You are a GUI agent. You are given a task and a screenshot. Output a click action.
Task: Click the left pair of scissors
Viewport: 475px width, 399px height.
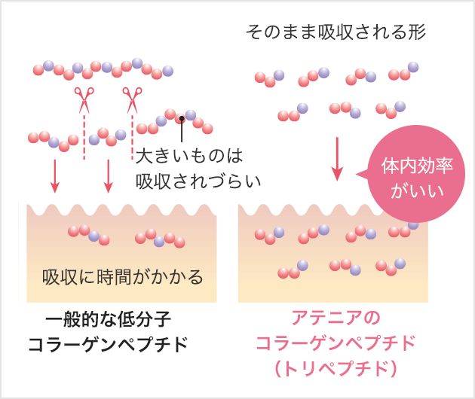point(84,100)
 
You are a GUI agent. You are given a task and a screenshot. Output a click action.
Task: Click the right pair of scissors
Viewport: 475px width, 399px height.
point(132,100)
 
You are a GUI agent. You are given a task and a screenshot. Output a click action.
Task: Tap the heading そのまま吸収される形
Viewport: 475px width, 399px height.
point(336,32)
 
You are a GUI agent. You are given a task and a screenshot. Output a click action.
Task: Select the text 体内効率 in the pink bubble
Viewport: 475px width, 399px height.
point(417,166)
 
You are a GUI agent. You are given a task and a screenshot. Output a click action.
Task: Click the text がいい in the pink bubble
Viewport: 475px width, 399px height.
point(417,190)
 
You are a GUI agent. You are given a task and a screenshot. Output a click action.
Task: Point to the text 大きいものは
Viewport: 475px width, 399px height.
point(189,156)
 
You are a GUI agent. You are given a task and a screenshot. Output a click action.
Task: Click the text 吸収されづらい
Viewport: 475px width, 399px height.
point(198,181)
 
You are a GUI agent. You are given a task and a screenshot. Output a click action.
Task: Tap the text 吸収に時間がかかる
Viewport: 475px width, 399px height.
point(122,277)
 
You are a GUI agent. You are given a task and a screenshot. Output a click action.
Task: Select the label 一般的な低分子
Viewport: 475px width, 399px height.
point(108,319)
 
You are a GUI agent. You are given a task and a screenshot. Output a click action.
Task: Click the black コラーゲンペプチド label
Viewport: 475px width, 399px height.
point(108,344)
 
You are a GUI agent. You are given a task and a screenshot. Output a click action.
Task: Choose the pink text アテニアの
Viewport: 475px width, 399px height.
point(336,318)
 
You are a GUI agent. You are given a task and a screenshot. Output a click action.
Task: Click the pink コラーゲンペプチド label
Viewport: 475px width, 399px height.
point(336,343)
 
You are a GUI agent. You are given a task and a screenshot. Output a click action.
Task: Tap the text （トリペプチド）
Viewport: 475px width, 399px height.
point(336,368)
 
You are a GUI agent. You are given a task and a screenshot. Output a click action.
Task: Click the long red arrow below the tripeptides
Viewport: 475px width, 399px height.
point(337,159)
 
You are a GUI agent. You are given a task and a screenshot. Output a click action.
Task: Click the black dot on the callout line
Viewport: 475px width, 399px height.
point(182,119)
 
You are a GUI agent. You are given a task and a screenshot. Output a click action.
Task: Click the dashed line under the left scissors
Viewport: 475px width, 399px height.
point(84,137)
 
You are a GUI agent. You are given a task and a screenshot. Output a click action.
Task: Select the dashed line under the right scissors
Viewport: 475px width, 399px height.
point(132,137)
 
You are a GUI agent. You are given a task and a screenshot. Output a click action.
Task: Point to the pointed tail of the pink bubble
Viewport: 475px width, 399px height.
point(356,174)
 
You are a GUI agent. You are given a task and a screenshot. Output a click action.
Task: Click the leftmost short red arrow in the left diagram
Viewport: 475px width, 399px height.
point(54,176)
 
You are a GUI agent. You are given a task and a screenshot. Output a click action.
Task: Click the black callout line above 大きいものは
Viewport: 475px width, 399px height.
point(182,131)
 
